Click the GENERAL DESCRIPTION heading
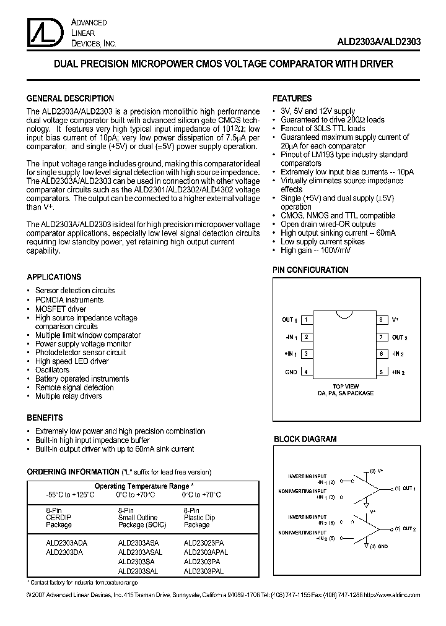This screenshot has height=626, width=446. (x=70, y=98)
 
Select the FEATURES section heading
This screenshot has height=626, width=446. (x=292, y=98)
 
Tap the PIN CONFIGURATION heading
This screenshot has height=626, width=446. (x=311, y=270)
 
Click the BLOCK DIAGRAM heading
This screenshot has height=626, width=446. (x=305, y=439)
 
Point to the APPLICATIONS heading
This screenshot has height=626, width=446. (x=54, y=277)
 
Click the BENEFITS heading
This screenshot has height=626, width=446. (x=45, y=418)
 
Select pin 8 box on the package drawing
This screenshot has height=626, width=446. (x=381, y=320)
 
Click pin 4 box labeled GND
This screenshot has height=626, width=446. (x=306, y=372)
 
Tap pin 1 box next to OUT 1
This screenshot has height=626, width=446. (x=306, y=320)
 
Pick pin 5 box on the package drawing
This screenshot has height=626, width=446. (x=381, y=372)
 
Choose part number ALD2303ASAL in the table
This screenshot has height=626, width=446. (x=141, y=552)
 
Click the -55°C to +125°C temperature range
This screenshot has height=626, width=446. (x=61, y=495)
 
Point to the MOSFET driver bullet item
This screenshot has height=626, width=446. (x=61, y=309)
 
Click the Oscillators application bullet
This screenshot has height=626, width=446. (x=52, y=370)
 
